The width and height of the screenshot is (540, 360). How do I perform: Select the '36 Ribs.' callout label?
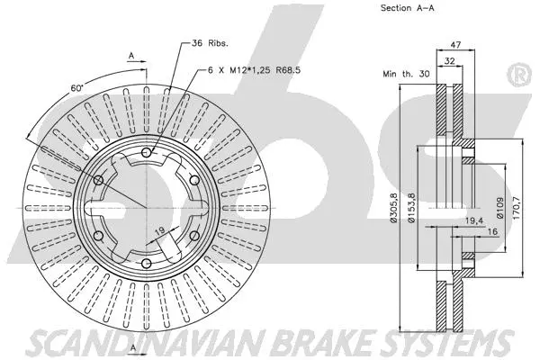point(211,43)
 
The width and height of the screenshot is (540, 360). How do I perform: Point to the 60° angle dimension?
point(78,87)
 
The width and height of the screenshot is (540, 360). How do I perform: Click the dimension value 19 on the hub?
point(160,231)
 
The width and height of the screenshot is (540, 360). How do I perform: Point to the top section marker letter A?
point(131,56)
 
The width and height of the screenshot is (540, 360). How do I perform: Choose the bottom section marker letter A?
point(131,347)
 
